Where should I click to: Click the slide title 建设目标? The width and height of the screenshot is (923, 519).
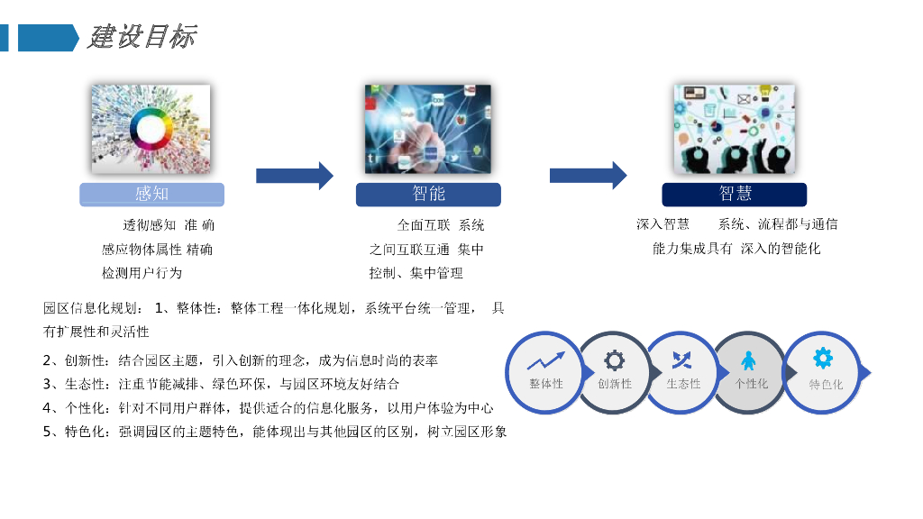[x=142, y=37]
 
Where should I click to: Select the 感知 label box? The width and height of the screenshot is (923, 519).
[x=151, y=194]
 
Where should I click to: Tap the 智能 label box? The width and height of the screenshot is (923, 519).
[x=428, y=194]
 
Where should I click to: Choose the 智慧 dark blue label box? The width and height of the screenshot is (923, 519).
[x=734, y=194]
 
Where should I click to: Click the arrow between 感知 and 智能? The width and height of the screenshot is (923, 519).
[x=294, y=176]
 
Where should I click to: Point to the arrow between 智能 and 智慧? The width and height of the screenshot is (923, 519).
[x=588, y=176]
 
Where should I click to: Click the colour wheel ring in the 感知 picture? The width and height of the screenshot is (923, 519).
[x=150, y=127]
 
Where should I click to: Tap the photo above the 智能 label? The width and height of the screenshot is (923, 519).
[x=428, y=129]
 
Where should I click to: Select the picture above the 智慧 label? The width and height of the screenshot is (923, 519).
[x=734, y=129]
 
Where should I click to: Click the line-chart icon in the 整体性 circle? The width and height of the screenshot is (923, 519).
[x=545, y=361]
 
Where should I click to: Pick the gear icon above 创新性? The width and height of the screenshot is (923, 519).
[x=614, y=361]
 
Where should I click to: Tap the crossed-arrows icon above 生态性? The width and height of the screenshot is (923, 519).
[x=682, y=361]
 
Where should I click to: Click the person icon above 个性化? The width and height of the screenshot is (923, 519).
[x=749, y=361]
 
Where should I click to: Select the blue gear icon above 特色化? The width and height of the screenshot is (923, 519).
[x=823, y=359]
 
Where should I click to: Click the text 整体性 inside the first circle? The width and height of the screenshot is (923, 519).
[x=545, y=384]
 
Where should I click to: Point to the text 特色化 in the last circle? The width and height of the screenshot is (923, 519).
[x=825, y=385]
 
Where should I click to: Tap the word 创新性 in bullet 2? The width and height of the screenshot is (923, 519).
[x=85, y=360]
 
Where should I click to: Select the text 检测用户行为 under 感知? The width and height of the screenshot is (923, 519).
[x=142, y=272]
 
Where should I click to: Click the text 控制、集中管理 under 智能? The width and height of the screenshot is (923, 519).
[x=416, y=272]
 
